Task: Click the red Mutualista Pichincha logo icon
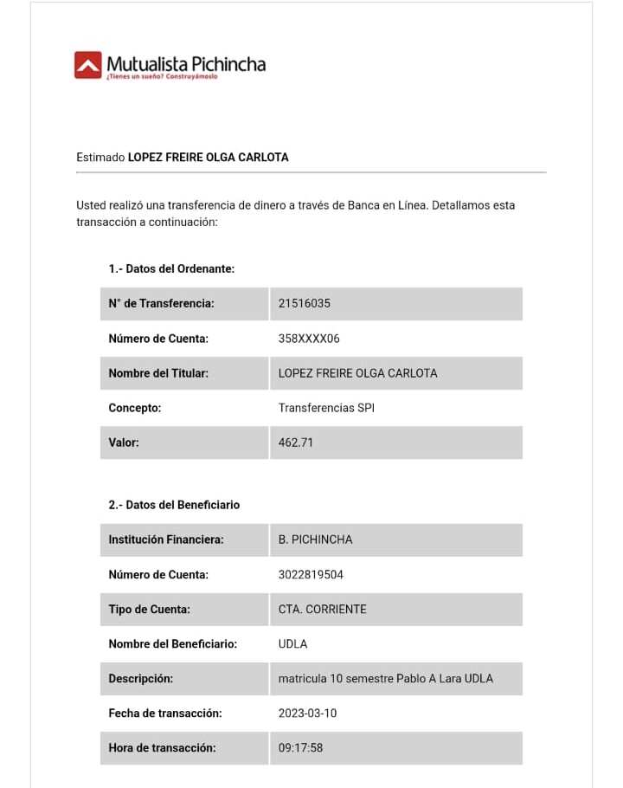87,65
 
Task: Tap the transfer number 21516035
304,304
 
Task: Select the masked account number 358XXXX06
309,339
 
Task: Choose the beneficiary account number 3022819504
311,574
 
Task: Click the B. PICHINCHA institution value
315,539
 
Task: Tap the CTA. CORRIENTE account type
322,609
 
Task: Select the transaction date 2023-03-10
307,713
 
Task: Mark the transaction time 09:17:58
300,747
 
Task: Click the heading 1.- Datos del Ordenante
171,269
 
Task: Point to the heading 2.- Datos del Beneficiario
174,505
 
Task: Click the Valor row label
124,442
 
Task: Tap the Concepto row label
135,408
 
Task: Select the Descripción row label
140,678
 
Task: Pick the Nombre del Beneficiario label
172,643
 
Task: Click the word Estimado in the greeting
100,158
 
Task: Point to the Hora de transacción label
162,747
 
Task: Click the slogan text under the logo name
162,77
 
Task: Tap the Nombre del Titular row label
158,373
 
